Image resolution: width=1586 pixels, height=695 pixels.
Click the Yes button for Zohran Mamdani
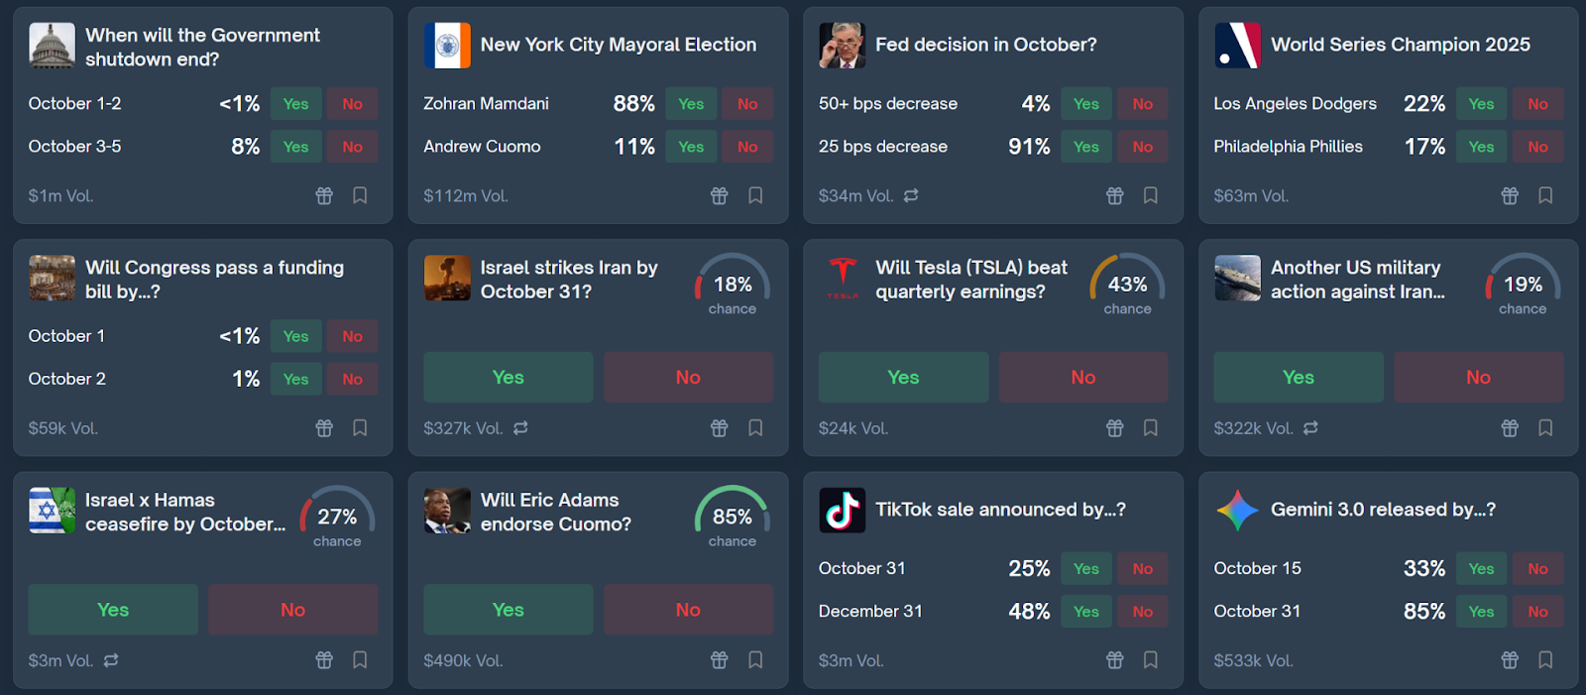pos(691,104)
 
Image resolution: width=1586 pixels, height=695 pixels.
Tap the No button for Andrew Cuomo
pos(747,147)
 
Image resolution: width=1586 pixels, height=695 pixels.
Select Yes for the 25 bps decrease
pos(1085,147)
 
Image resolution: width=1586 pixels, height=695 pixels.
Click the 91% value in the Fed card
pos(1029,147)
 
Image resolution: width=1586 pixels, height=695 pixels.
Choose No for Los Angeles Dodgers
pos(1537,104)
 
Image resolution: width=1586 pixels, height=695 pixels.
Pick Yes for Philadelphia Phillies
pos(1481,147)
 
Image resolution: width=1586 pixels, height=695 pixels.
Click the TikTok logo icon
pos(843,511)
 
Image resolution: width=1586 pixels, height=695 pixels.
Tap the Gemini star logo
pos(1237,511)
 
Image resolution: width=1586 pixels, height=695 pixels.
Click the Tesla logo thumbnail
pos(843,278)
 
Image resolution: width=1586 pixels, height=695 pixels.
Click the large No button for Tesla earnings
pos(1082,378)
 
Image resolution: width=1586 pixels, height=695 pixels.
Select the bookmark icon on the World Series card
pos(1545,195)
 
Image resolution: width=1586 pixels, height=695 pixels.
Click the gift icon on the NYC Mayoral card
pos(719,195)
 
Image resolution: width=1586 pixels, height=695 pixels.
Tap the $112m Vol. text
pos(466,196)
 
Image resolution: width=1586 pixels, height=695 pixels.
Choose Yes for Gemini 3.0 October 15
pos(1481,569)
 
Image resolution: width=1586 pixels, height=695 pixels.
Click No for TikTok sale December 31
pos(1142,612)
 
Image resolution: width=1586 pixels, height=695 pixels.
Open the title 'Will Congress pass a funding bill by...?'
pos(215,280)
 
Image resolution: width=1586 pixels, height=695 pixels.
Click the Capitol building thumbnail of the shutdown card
pos(52,46)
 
